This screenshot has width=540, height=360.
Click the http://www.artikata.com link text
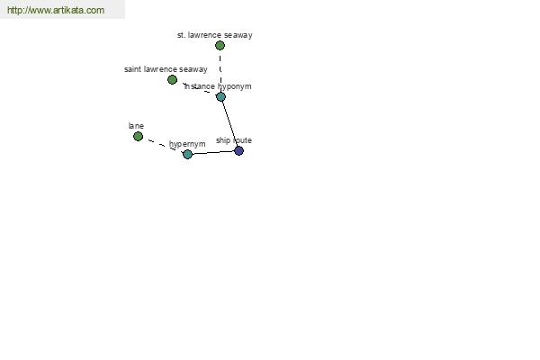click(x=55, y=10)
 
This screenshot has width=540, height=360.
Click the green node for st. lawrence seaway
click(x=220, y=45)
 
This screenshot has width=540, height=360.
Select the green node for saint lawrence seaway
click(x=173, y=80)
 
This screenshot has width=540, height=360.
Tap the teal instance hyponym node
click(x=220, y=96)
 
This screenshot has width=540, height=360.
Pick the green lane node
click(x=138, y=136)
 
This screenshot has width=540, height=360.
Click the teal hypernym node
click(x=187, y=154)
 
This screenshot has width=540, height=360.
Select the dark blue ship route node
click(x=238, y=150)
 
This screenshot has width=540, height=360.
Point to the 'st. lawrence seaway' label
click(x=214, y=35)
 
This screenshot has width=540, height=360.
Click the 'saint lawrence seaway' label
click(x=166, y=69)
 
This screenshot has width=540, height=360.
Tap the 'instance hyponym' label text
click(x=218, y=86)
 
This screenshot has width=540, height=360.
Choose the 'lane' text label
click(x=136, y=126)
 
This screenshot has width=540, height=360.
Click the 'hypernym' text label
click(x=187, y=144)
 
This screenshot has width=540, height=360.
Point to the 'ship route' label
click(x=233, y=140)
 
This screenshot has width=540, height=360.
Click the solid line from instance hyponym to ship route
click(x=229, y=123)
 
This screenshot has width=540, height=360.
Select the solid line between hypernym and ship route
click(x=213, y=152)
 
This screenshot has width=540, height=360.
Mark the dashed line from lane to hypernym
click(x=162, y=145)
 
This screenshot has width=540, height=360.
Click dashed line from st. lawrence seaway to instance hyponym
click(x=220, y=70)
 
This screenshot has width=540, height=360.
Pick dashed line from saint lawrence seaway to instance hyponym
click(x=196, y=88)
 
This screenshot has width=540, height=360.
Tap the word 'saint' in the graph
click(x=133, y=69)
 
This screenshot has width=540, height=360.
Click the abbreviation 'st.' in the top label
click(x=181, y=35)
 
